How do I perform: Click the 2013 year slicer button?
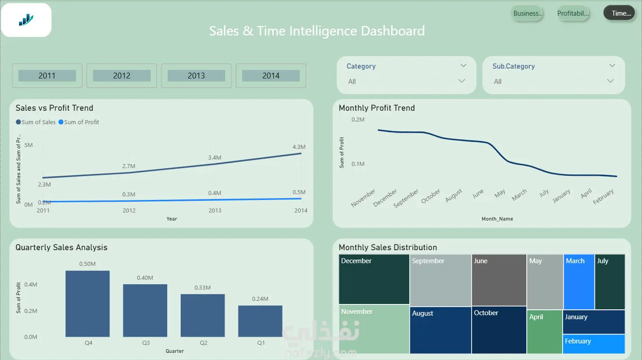point(196,76)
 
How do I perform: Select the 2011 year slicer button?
point(47,76)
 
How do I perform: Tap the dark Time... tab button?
point(619,13)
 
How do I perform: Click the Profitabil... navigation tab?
point(573,13)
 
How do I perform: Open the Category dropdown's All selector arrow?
point(461,81)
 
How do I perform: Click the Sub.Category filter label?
point(514,66)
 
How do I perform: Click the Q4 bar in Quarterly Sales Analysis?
point(87,304)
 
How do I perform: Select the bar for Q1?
point(260,321)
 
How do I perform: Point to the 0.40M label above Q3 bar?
point(145,278)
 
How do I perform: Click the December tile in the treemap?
point(374,279)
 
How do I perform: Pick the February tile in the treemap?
point(594,344)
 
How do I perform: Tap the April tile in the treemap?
point(545,332)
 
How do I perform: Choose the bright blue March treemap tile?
point(579,282)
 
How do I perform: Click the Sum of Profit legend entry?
point(79,122)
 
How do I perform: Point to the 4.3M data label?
point(299,147)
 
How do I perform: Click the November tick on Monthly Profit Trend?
point(363,198)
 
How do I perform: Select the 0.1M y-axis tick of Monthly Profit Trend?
point(358,164)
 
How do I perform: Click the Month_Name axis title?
point(497,219)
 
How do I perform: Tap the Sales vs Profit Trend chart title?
point(54,108)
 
